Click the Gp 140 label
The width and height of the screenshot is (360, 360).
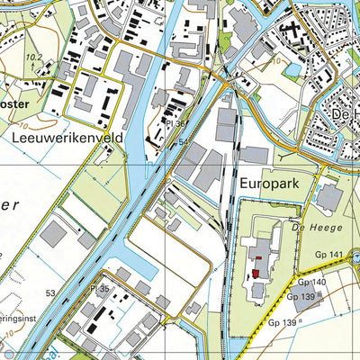[307, 282]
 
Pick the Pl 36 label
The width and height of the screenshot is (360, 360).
[175, 124]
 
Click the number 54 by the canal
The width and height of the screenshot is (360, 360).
[183, 142]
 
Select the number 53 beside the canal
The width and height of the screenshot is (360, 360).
[50, 292]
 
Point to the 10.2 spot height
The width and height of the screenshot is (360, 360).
[34, 57]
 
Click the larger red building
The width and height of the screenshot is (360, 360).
[258, 274]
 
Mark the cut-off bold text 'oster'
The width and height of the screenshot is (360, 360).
[15, 103]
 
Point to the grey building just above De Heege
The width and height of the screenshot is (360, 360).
[328, 197]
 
